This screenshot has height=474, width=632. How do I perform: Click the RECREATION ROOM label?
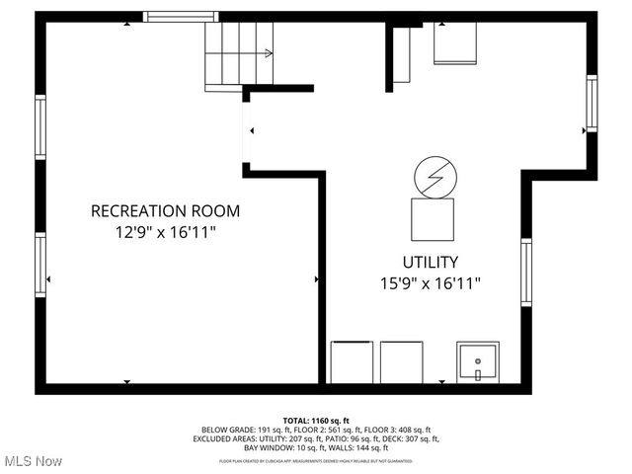point(165,210)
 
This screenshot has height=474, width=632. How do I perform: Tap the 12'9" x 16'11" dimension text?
point(165,232)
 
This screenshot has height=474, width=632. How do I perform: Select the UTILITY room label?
point(430,262)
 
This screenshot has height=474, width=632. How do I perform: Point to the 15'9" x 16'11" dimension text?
point(431,283)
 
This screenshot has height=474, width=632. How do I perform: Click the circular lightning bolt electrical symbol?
point(434,177)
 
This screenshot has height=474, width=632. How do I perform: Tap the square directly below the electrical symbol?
point(433,218)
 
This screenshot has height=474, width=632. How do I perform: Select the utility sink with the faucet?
point(478,362)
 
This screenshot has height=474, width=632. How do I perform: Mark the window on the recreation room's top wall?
point(181,16)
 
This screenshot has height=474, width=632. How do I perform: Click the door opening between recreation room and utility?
point(246,131)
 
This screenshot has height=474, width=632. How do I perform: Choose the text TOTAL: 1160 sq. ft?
point(316,420)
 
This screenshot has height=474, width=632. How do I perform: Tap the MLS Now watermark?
point(34,461)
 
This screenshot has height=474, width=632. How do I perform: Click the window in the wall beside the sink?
point(526,275)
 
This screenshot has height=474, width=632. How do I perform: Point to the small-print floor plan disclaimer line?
point(316,460)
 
